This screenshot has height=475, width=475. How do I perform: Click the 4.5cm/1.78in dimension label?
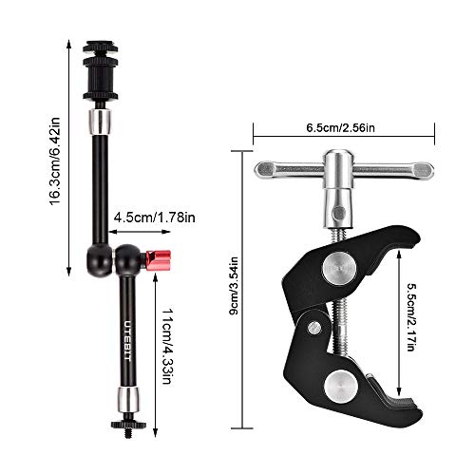[152, 218]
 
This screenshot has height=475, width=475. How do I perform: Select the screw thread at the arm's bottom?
[125, 440]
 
